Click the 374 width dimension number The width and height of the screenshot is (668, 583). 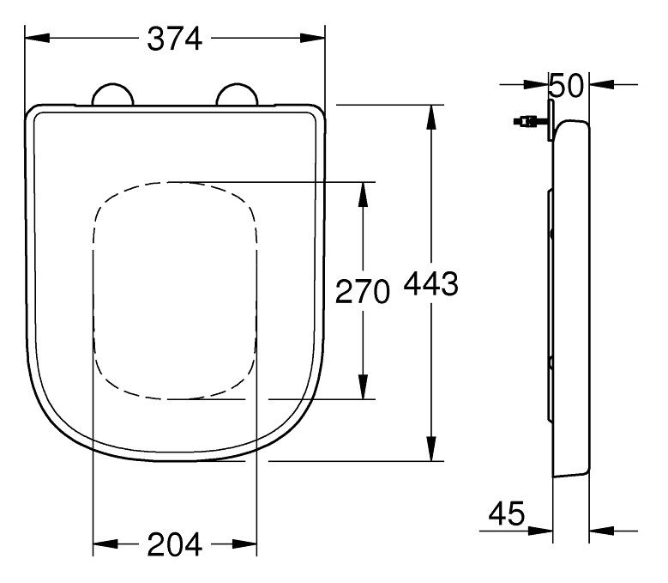(175, 38)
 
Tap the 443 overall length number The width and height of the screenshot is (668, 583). (430, 284)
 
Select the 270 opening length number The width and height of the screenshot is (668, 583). (362, 292)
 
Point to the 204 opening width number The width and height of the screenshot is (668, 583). (174, 544)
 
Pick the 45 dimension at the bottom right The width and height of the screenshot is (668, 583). (507, 515)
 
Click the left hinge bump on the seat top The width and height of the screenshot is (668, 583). (112, 95)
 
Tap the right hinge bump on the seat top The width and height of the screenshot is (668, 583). (238, 95)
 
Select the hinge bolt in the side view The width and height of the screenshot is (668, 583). (527, 123)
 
